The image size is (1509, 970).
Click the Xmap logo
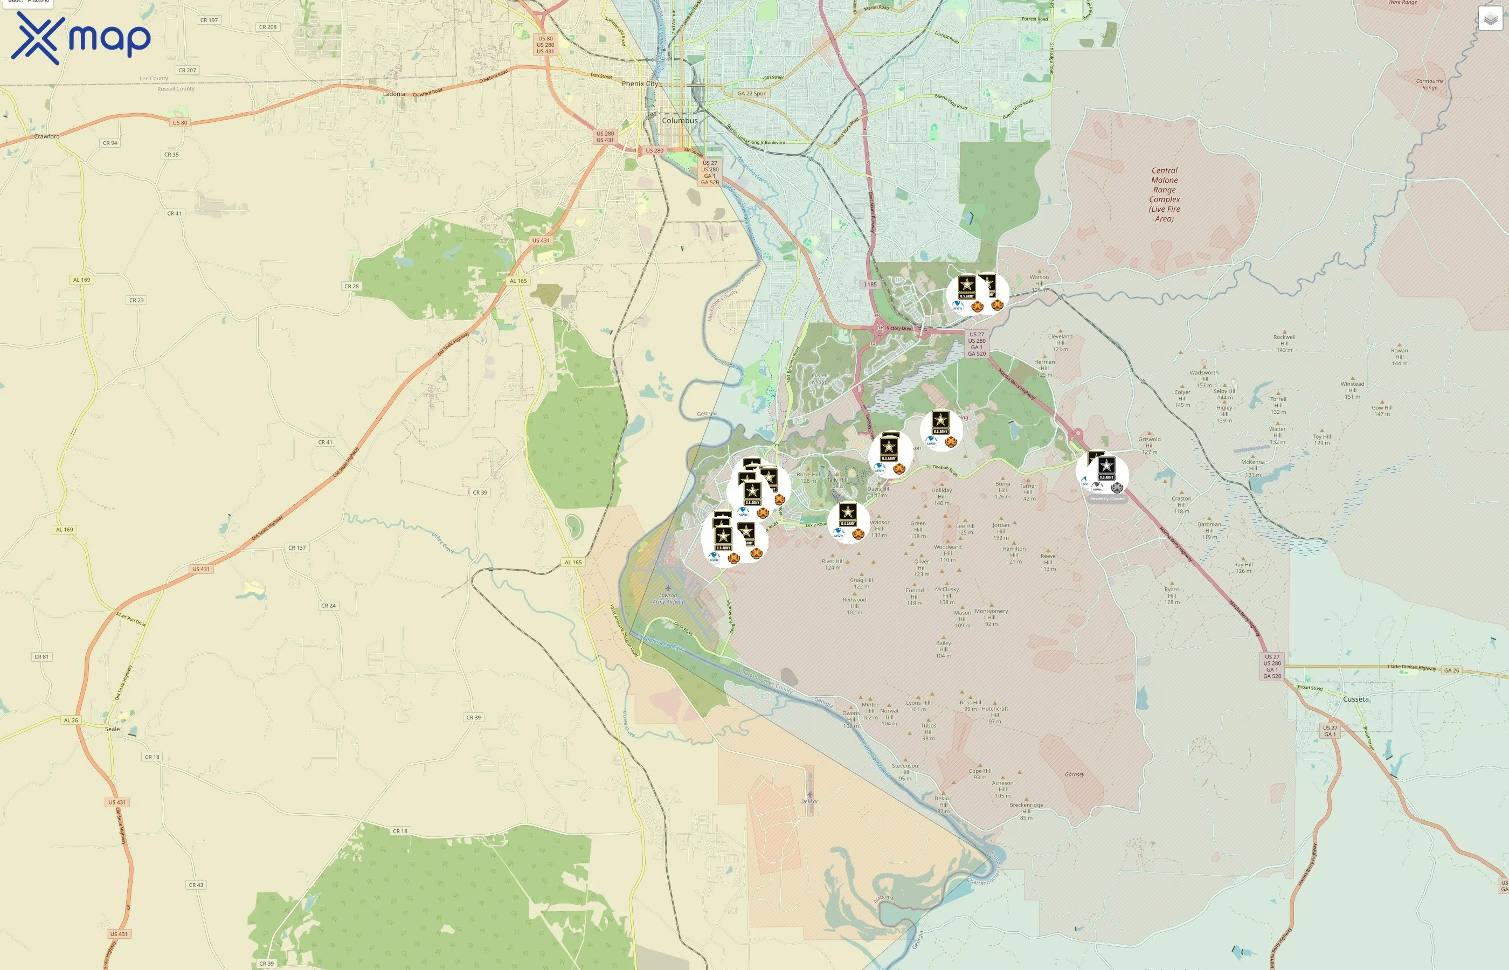click(x=81, y=38)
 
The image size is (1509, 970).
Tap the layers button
click(x=1490, y=19)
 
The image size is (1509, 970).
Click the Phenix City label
click(x=639, y=84)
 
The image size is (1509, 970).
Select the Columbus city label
click(x=680, y=120)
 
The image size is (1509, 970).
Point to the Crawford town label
click(x=46, y=136)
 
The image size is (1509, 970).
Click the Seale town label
click(x=112, y=729)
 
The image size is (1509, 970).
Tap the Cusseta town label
click(x=1355, y=699)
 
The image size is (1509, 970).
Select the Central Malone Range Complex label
click(x=1164, y=194)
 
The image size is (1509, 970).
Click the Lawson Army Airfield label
click(x=668, y=598)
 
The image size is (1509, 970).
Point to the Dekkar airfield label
click(x=809, y=801)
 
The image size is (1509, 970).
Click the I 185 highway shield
click(x=870, y=285)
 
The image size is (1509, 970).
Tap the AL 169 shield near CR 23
click(x=81, y=280)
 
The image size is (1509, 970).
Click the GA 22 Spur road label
click(x=751, y=93)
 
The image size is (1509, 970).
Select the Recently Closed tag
click(x=1106, y=499)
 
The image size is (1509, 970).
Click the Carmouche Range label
click(x=1430, y=84)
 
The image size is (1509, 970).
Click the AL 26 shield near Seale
click(x=71, y=720)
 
